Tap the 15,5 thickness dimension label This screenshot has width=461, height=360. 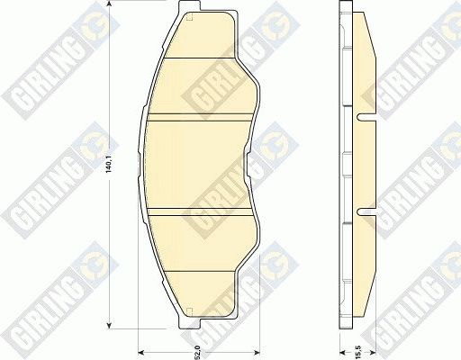click(x=357, y=344)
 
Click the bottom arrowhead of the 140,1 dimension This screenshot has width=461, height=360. click(x=110, y=326)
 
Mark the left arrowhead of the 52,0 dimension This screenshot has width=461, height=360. click(x=140, y=352)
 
